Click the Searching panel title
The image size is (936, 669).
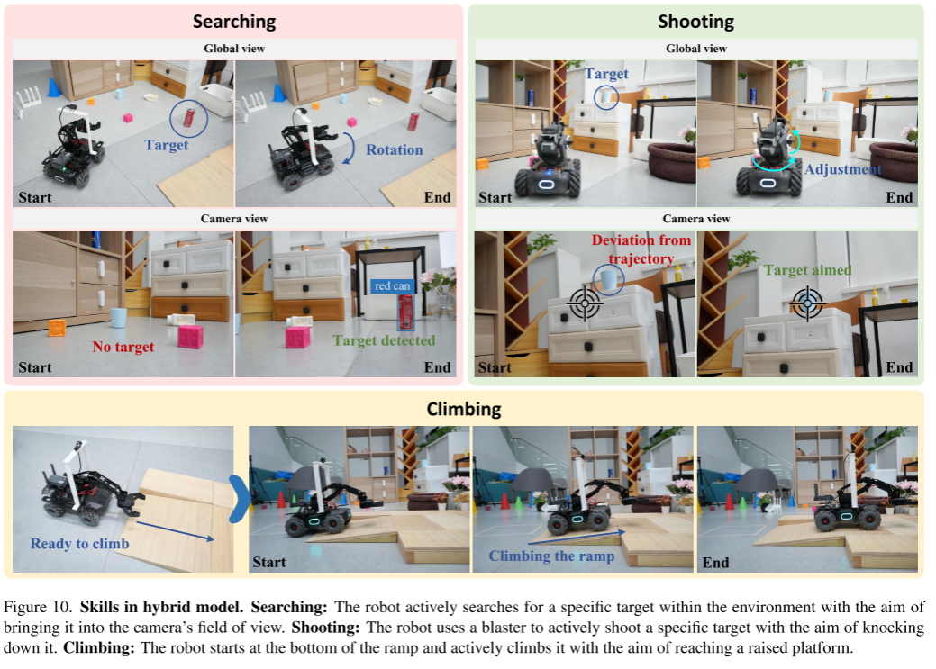coord(234,22)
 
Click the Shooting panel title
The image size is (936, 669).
coord(696,22)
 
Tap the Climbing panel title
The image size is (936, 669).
coord(464,409)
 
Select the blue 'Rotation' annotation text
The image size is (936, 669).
coord(394,149)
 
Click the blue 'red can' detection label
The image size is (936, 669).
coord(392,285)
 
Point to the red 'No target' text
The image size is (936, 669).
coord(123,347)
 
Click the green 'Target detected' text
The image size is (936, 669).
coord(384,340)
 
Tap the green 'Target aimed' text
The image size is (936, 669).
coord(808,270)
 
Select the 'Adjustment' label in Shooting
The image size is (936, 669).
coord(843,169)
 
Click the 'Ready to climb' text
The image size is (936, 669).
coord(80,544)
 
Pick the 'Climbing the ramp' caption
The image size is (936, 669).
coord(551,556)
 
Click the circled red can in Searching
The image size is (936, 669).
coord(189,118)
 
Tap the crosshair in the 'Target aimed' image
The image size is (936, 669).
coord(808,303)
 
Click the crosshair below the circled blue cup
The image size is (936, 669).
coord(585,303)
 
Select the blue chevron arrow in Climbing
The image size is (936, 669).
coord(240,499)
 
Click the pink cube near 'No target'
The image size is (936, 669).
coord(190,336)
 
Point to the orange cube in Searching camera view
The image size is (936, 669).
coord(57,328)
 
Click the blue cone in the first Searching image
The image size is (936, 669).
coord(54,87)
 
